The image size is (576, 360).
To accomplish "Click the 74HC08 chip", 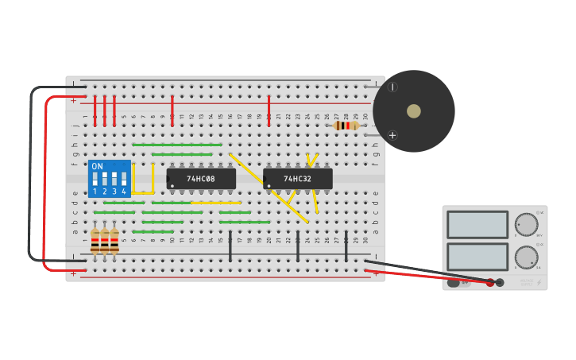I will pyautogui.click(x=201, y=179).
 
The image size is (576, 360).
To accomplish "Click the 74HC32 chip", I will pyautogui.click(x=298, y=179).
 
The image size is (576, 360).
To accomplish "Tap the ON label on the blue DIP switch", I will pyautogui.click(x=97, y=167).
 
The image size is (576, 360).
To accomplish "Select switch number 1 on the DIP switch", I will pyautogui.click(x=95, y=180).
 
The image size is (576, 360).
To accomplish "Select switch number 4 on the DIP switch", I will pyautogui.click(x=124, y=180).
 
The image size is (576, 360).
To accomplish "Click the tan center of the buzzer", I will pyautogui.click(x=414, y=111).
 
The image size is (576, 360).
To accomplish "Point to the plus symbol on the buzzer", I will pyautogui.click(x=392, y=135).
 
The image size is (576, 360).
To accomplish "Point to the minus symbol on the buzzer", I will pyautogui.click(x=392, y=87).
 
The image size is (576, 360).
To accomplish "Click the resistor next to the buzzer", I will pyautogui.click(x=345, y=126).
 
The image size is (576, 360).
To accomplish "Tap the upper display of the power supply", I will pyautogui.click(x=477, y=224).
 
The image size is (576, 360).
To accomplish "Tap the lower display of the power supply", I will pyautogui.click(x=477, y=257).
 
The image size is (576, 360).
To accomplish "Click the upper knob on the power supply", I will pyautogui.click(x=525, y=224).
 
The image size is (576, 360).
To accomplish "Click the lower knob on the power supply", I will pyautogui.click(x=525, y=257).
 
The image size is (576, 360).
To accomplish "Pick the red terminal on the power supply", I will pyautogui.click(x=490, y=282).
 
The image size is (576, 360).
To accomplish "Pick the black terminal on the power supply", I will pyautogui.click(x=500, y=282).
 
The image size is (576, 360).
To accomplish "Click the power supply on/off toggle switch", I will pyautogui.click(x=454, y=282).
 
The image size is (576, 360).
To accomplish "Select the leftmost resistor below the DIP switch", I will pyautogui.click(x=95, y=241).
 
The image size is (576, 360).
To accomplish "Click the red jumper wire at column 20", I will pyautogui.click(x=269, y=110).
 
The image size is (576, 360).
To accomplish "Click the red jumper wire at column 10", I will pyautogui.click(x=172, y=110).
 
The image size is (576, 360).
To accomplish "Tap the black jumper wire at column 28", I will pyautogui.click(x=346, y=246).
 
